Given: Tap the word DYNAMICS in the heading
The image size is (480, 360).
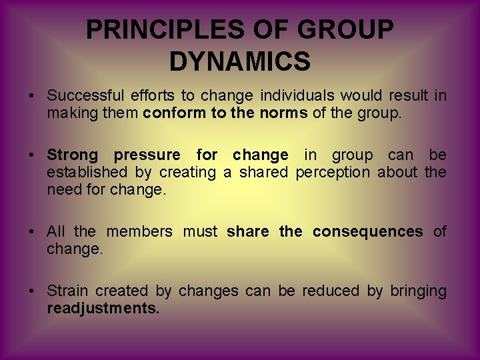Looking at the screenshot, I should click(240, 61).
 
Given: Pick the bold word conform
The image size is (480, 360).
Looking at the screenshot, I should click(175, 113).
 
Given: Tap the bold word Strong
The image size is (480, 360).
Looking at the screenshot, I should click(72, 155).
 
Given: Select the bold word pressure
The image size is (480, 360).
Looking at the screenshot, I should click(147, 155).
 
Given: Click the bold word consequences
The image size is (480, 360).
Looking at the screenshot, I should click(367, 232).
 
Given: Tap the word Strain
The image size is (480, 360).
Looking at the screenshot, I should click(67, 291).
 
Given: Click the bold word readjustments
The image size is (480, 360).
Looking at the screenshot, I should click(103, 309).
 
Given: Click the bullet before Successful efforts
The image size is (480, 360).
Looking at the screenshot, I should click(32, 96).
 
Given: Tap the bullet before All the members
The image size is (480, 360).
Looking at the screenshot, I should click(32, 232).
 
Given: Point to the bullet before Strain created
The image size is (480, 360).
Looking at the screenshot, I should click(32, 291).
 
